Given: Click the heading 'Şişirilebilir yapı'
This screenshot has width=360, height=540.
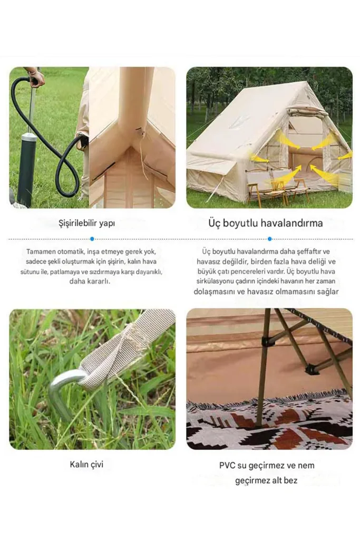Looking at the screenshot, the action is (x=87, y=223).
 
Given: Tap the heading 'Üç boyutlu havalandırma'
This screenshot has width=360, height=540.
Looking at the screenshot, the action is (x=265, y=223).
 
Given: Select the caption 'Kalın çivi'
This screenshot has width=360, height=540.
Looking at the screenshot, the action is (x=86, y=465).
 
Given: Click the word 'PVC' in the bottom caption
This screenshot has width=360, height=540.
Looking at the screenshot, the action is (x=227, y=465).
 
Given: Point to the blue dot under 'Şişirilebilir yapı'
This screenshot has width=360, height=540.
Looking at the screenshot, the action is (x=92, y=239).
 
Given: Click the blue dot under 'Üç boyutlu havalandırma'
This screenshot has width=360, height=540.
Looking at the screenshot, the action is (x=269, y=239).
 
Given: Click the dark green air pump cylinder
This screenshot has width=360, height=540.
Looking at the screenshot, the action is (x=27, y=169).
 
